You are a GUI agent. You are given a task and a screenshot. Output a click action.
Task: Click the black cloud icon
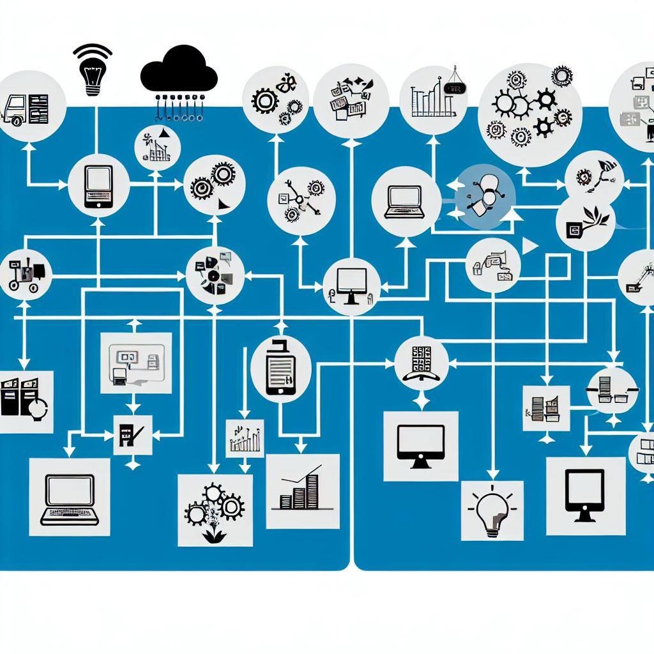(178, 68)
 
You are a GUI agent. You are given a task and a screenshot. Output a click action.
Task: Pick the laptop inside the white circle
(406, 200)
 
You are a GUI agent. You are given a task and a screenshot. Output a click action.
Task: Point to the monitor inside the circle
(351, 286)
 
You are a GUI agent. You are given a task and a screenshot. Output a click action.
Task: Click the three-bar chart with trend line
(302, 491)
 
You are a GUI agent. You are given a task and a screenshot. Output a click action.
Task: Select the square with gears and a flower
(215, 510)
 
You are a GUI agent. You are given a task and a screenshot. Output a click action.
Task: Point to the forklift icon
(23, 275)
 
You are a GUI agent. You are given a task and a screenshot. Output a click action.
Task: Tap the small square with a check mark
(132, 435)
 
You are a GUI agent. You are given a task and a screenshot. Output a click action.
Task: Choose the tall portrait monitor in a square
(585, 496)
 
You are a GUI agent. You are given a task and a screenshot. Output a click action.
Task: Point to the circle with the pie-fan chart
(214, 275)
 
